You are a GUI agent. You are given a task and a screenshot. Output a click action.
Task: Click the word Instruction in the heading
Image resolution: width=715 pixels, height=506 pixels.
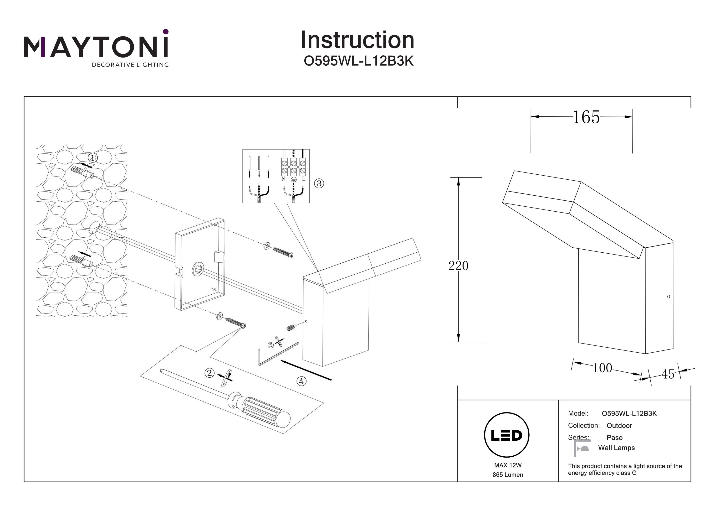pos(357,40)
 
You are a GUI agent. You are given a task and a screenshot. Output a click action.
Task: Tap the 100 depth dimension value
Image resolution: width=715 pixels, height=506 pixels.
pos(602,368)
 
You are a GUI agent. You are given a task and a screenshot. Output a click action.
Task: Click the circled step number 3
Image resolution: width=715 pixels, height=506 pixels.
pos(319,183)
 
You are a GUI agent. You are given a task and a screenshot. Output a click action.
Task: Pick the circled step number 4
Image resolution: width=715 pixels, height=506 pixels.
pos(301,381)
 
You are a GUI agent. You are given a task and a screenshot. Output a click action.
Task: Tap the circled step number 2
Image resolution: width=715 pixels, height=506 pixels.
pos(209,373)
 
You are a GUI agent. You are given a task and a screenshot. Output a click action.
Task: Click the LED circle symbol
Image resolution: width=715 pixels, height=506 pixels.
pos(506,435)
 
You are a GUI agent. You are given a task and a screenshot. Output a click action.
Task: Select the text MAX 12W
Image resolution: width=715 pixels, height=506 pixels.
pos(508,465)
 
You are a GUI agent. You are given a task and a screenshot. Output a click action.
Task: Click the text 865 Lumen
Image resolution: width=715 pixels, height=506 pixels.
pos(508,475)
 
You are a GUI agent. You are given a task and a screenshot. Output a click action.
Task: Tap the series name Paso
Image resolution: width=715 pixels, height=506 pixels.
pos(614,438)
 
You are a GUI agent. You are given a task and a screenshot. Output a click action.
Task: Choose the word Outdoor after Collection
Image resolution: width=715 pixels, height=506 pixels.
pos(619,426)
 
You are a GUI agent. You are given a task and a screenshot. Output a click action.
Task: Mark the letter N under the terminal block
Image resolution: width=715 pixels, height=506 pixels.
pos(283,179)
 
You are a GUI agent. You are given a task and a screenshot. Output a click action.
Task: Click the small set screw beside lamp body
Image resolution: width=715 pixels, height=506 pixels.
pos(290,328)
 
